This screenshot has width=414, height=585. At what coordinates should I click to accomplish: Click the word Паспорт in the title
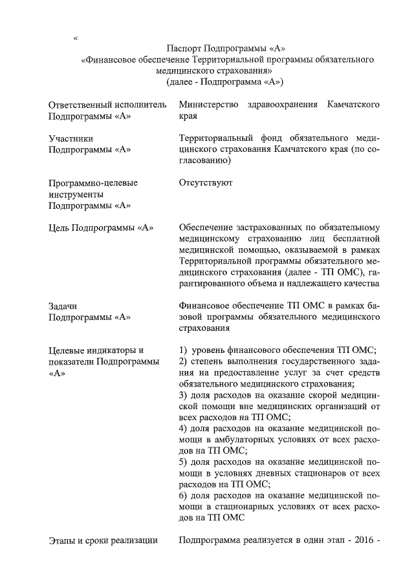184,48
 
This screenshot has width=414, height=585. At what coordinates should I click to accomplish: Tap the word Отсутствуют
206,183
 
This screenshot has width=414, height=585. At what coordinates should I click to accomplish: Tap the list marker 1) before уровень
183,350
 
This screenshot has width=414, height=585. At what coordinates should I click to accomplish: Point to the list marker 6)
183,495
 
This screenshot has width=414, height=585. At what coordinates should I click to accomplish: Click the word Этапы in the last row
63,540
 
